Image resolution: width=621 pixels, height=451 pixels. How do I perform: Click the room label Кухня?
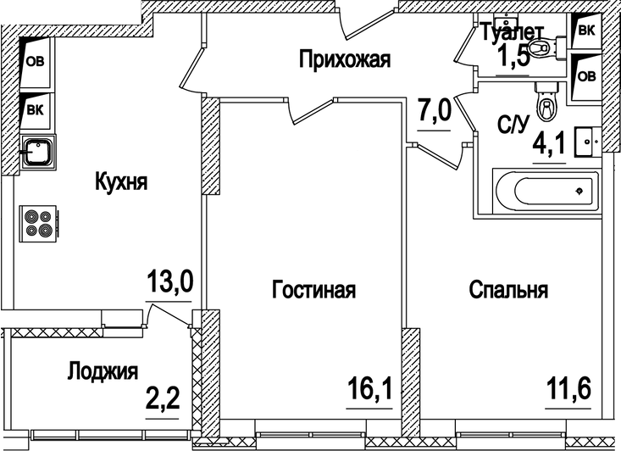[x=122, y=182]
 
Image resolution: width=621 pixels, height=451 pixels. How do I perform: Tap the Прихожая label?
[x=343, y=59]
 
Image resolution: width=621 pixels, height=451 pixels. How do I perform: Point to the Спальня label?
[x=508, y=290]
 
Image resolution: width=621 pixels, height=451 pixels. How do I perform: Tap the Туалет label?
[x=513, y=33]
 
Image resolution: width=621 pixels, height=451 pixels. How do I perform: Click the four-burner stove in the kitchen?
[x=37, y=224]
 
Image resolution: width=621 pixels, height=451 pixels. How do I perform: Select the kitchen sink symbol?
[x=38, y=153]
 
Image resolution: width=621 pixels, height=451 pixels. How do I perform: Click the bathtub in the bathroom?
[x=546, y=191]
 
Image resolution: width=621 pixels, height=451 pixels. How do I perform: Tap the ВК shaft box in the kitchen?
[x=36, y=109]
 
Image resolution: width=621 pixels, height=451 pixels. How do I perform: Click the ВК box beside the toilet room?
[x=586, y=31]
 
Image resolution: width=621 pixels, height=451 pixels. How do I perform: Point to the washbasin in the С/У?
[x=586, y=139]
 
